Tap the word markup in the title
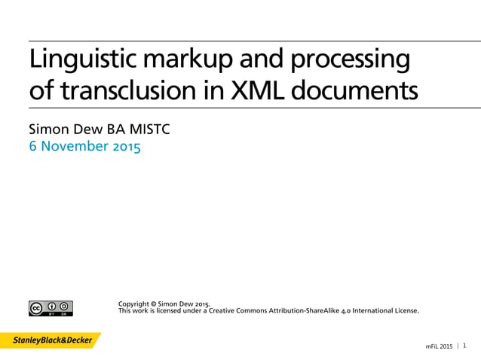pos(186,59)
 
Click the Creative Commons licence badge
pos(51,308)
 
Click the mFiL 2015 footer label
pos(440,346)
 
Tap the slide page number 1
pos(464,346)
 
